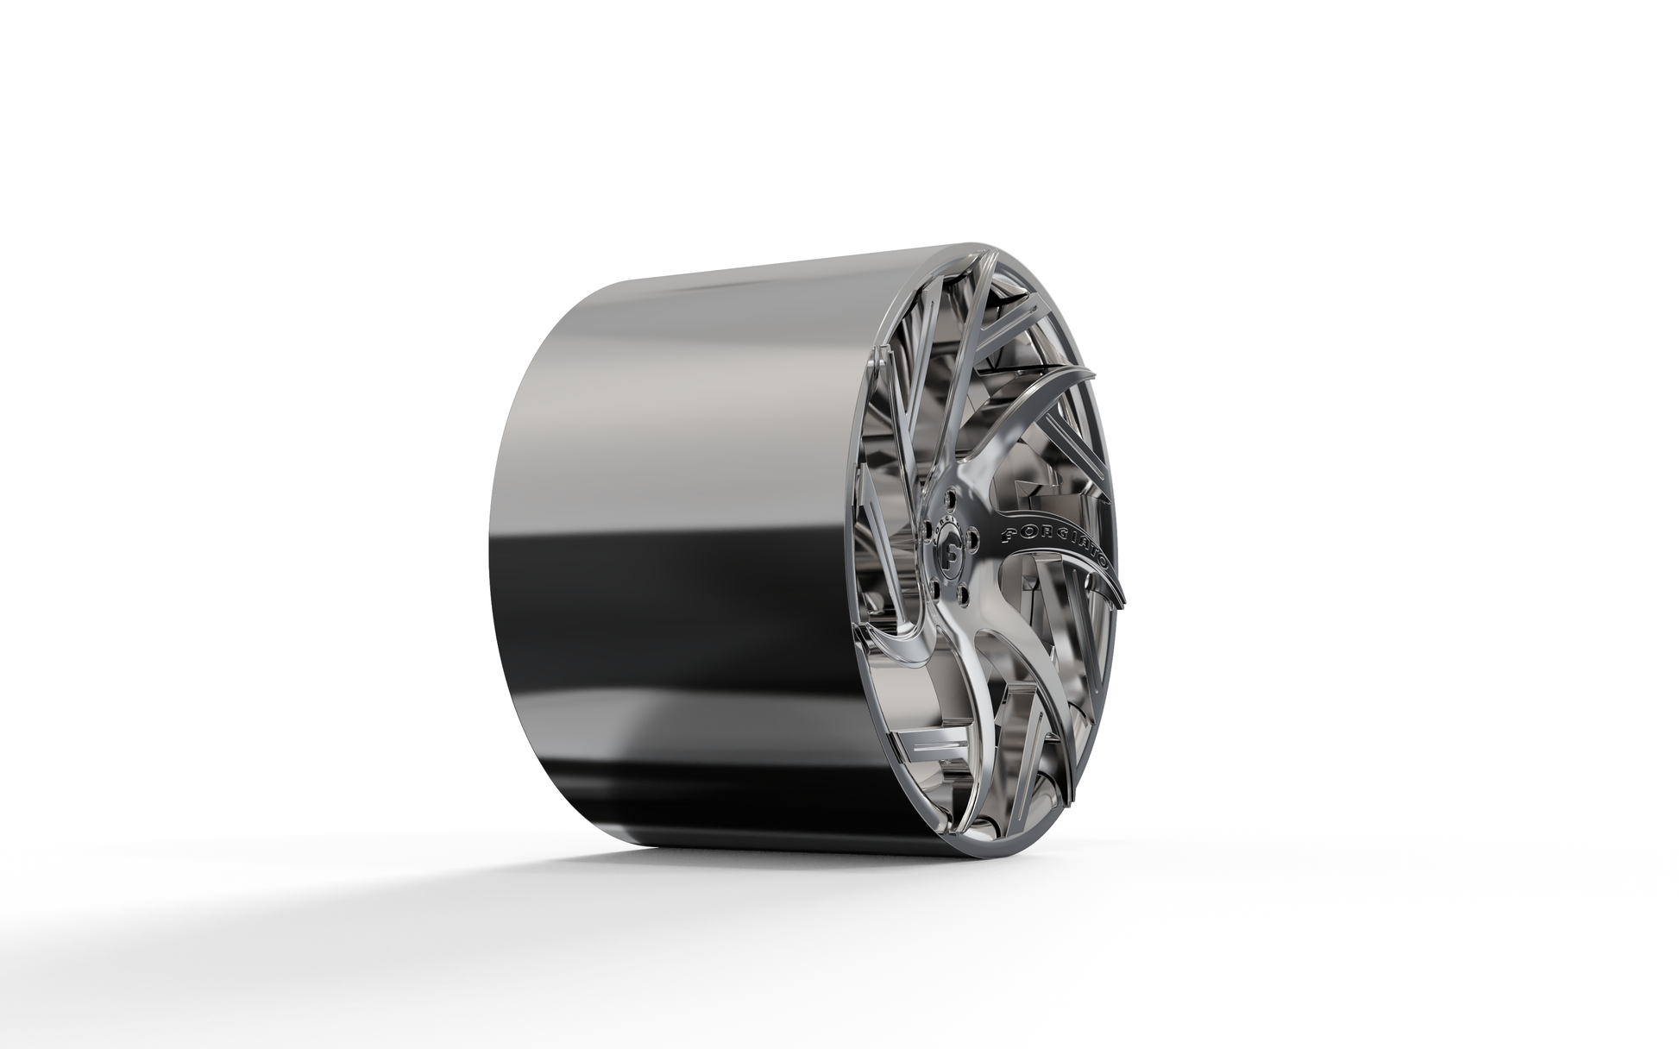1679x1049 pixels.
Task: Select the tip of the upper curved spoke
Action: click(x=1091, y=373)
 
